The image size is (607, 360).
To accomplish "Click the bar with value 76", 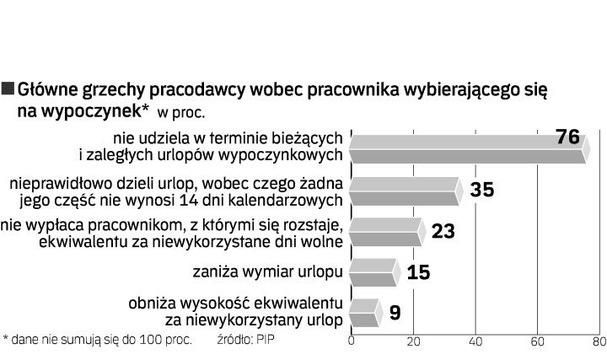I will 468,147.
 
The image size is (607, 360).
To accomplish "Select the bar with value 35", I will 405,191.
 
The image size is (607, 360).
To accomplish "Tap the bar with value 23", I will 385,232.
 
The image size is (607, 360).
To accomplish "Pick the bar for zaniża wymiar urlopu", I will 373,272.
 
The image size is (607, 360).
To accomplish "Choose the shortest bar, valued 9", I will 363,313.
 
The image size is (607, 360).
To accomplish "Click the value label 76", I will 569,136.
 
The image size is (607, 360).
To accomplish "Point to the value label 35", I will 481,190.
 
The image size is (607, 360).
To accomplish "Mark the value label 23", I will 443,231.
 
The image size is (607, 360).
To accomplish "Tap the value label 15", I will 418,272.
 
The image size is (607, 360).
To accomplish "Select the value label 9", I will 395,313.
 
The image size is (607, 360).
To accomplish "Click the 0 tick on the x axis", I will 352,342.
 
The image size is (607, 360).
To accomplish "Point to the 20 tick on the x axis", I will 414,342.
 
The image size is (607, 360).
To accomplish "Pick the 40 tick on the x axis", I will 475,342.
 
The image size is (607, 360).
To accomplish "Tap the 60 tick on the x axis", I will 537,342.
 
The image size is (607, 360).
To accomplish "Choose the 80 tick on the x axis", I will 598,342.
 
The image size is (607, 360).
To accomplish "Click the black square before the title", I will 8,88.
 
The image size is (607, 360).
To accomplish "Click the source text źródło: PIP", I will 247,340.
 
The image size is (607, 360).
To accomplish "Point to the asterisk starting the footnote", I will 5,340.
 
